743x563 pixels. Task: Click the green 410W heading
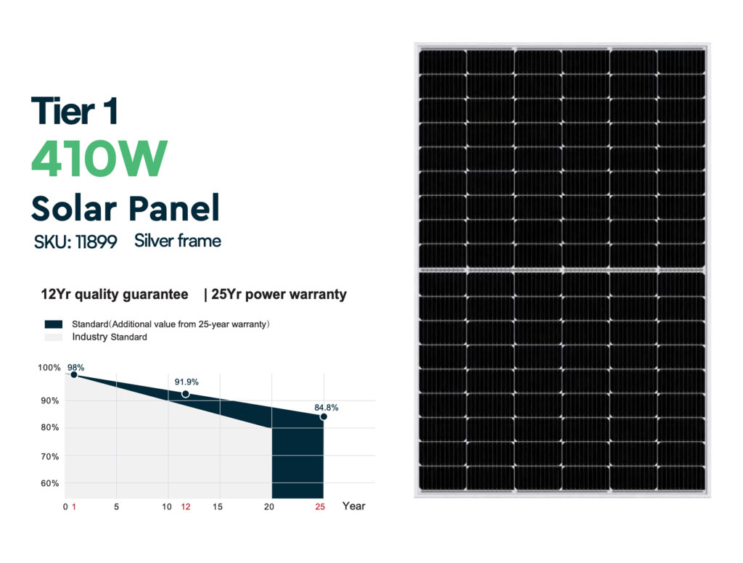pyautogui.click(x=99, y=158)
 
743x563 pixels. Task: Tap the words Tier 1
pyautogui.click(x=74, y=111)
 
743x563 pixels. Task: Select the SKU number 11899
pyautogui.click(x=97, y=242)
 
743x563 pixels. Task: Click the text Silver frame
pyautogui.click(x=178, y=241)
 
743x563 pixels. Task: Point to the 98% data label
pyautogui.click(x=75, y=367)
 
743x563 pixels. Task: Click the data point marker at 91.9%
pyautogui.click(x=186, y=394)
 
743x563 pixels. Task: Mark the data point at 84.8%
pyautogui.click(x=324, y=416)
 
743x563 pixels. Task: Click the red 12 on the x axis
pyautogui.click(x=186, y=506)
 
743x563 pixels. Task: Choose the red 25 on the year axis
pyautogui.click(x=320, y=506)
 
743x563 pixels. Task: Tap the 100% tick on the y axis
pyautogui.click(x=49, y=367)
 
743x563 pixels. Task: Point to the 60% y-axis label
pyautogui.click(x=50, y=483)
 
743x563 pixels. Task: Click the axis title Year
pyautogui.click(x=354, y=506)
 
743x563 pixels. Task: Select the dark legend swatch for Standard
pyautogui.click(x=54, y=324)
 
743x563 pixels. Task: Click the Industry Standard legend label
pyautogui.click(x=110, y=337)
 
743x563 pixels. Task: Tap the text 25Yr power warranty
pyautogui.click(x=279, y=295)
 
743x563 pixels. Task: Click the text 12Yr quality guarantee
pyautogui.click(x=115, y=295)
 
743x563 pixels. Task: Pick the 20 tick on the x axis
pyautogui.click(x=269, y=506)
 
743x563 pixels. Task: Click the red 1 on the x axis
pyautogui.click(x=74, y=506)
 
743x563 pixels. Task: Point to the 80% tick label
pyautogui.click(x=50, y=427)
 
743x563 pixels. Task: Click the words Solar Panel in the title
pyautogui.click(x=126, y=208)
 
